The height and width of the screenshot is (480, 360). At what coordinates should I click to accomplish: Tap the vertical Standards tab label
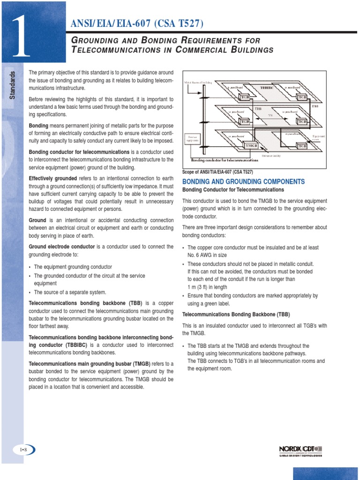pyautogui.click(x=13, y=84)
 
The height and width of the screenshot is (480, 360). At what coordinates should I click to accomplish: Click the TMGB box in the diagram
pyautogui.click(x=251, y=146)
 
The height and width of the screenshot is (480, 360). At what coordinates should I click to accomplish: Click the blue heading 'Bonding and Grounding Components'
pyautogui.click(x=243, y=181)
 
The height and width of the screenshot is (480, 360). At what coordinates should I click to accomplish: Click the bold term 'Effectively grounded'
pyautogui.click(x=53, y=179)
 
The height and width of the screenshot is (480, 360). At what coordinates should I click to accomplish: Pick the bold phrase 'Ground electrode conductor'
pyautogui.click(x=62, y=247)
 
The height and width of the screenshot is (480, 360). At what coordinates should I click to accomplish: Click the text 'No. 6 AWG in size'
pyautogui.click(x=207, y=255)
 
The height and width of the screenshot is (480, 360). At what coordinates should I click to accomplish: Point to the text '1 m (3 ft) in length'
pyautogui.click(x=207, y=287)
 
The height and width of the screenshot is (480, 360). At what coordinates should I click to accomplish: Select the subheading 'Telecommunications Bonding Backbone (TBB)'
pyautogui.click(x=236, y=315)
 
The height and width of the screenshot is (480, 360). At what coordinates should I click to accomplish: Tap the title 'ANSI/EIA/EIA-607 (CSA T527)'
pyautogui.click(x=137, y=24)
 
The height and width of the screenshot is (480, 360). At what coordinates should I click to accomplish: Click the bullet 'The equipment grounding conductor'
pyautogui.click(x=73, y=267)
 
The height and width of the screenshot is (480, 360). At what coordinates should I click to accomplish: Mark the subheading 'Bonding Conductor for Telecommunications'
pyautogui.click(x=233, y=190)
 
